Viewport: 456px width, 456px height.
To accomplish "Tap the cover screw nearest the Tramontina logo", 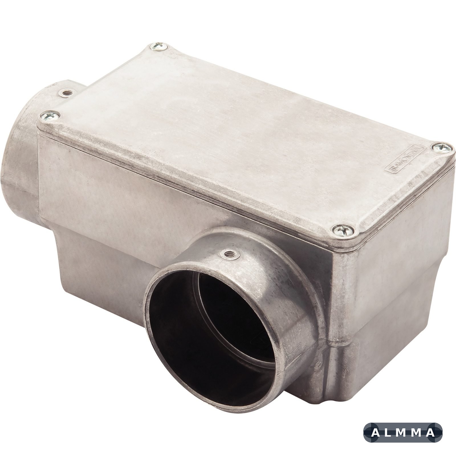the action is point(439,147).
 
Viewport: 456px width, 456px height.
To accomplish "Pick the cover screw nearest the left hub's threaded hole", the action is point(50,115).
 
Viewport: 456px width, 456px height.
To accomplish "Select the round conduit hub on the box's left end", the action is point(20,148).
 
